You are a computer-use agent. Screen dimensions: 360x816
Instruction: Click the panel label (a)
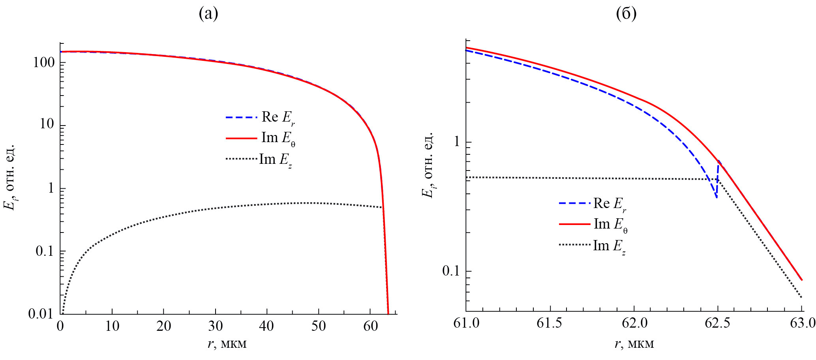[208, 14]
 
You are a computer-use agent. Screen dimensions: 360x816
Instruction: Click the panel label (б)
[626, 14]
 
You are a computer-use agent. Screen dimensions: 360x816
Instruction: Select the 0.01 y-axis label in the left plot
[41, 314]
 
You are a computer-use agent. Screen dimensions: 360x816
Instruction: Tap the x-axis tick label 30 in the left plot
[215, 326]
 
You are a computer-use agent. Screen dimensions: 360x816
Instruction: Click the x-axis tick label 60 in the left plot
[370, 326]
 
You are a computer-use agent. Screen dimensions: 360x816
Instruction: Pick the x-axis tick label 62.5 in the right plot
[718, 323]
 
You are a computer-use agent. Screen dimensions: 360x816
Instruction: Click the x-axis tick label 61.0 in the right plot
[466, 323]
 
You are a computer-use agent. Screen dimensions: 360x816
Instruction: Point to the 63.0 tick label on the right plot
[802, 323]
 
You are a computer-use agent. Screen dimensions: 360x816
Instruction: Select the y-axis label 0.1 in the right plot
[451, 271]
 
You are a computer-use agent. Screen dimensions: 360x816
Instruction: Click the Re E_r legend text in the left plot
[278, 117]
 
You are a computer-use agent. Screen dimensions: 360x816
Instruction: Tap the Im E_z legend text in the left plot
[276, 159]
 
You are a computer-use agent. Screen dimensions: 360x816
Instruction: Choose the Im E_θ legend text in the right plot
[610, 225]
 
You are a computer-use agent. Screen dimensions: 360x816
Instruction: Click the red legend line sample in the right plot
[574, 224]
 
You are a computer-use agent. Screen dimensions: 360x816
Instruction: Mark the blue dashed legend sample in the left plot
[241, 117]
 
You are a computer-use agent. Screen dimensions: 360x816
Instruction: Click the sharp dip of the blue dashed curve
[716, 197]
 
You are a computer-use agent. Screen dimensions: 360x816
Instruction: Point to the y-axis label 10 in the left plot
[47, 124]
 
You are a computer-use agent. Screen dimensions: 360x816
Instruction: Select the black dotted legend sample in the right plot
[574, 245]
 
